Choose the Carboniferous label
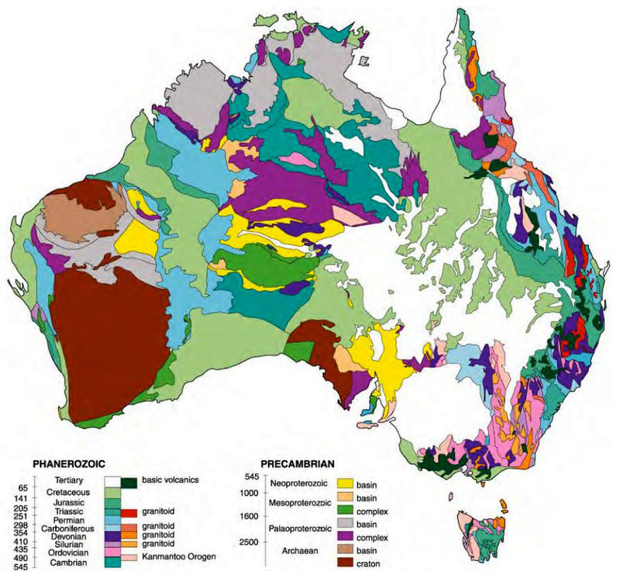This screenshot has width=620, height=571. click(67, 525)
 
